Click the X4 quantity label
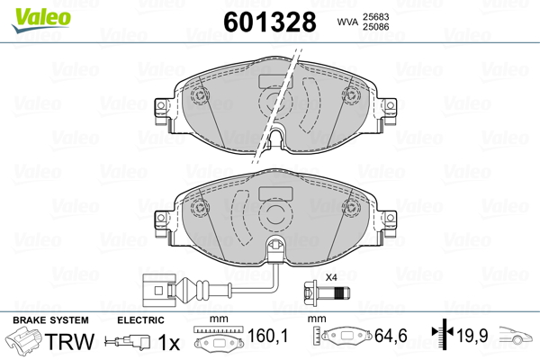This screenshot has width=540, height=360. click(x=330, y=276)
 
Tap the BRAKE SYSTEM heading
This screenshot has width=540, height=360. click(x=50, y=321)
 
